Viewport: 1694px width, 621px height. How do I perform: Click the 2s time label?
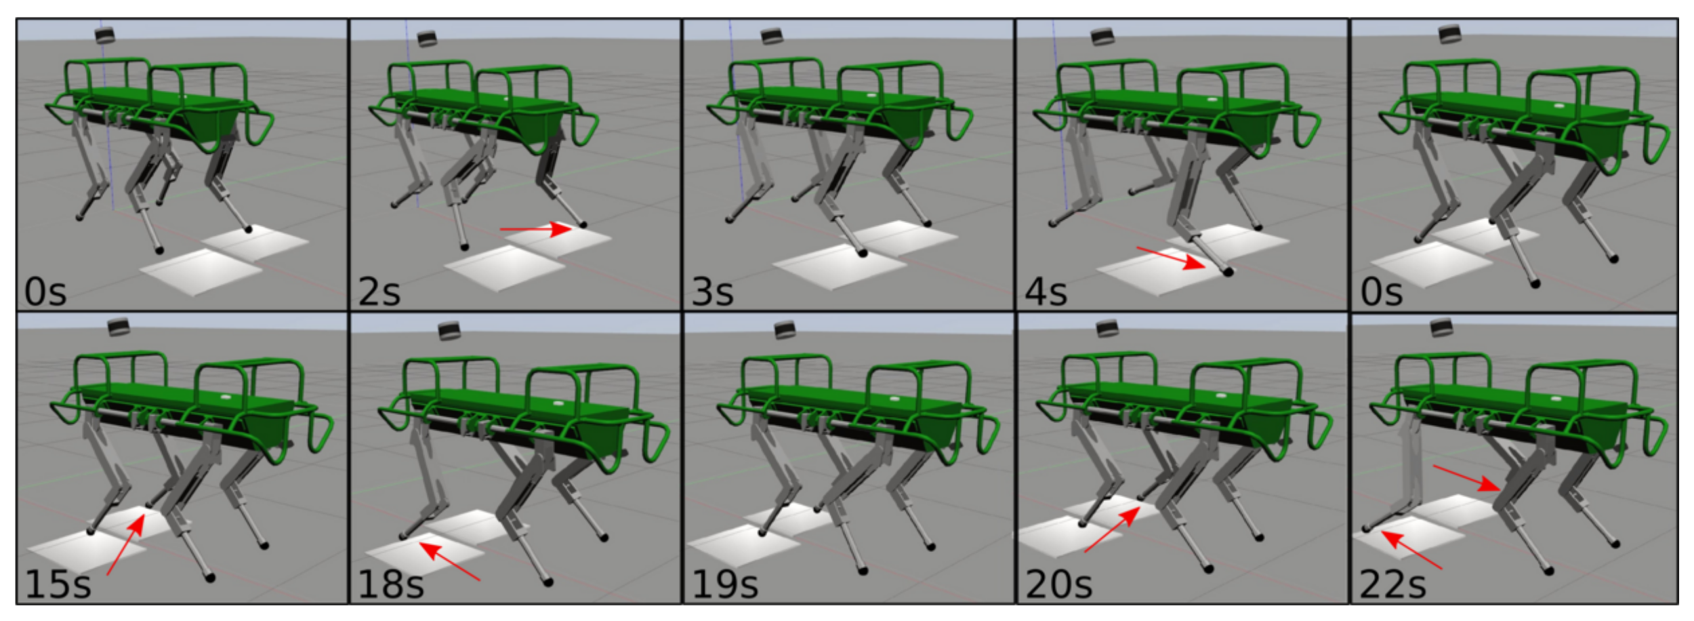[x=379, y=292]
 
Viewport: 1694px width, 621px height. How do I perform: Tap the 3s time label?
[x=712, y=292]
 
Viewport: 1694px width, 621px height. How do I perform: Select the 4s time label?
[x=1046, y=292]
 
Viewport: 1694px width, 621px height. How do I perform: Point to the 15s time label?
[x=58, y=584]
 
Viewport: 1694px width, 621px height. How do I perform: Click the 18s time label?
[x=391, y=584]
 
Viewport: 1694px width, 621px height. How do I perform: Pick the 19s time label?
[x=724, y=584]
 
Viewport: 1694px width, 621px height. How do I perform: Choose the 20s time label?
[x=1058, y=584]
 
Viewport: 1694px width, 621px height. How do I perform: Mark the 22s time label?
[x=1392, y=584]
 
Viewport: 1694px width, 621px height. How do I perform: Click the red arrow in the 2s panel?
[x=537, y=229]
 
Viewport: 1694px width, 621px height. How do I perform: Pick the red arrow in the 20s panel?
[x=1112, y=530]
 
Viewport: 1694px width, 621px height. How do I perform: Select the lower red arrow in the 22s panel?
[x=1411, y=550]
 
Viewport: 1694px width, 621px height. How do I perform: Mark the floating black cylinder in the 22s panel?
[x=1441, y=328]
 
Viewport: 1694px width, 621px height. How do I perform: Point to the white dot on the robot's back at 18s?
[x=558, y=403]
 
